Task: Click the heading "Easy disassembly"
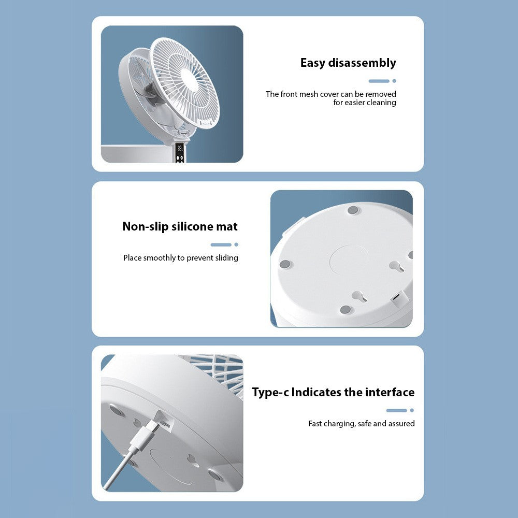pyautogui.click(x=348, y=63)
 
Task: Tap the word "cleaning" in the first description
pyautogui.click(x=382, y=103)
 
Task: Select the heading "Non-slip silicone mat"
pyautogui.click(x=180, y=226)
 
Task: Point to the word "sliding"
pyautogui.click(x=227, y=257)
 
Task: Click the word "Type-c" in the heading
pyautogui.click(x=270, y=393)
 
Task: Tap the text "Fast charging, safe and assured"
pyautogui.click(x=362, y=424)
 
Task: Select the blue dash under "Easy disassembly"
pyautogui.click(x=379, y=81)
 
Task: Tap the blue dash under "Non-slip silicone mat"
pyautogui.click(x=221, y=245)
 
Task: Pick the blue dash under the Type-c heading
pyautogui.click(x=396, y=411)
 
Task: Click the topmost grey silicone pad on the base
pyautogui.click(x=353, y=210)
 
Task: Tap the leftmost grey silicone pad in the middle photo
pyautogui.click(x=285, y=264)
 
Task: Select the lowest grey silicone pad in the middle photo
pyautogui.click(x=345, y=310)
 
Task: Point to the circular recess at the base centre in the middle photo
pyautogui.click(x=349, y=260)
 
